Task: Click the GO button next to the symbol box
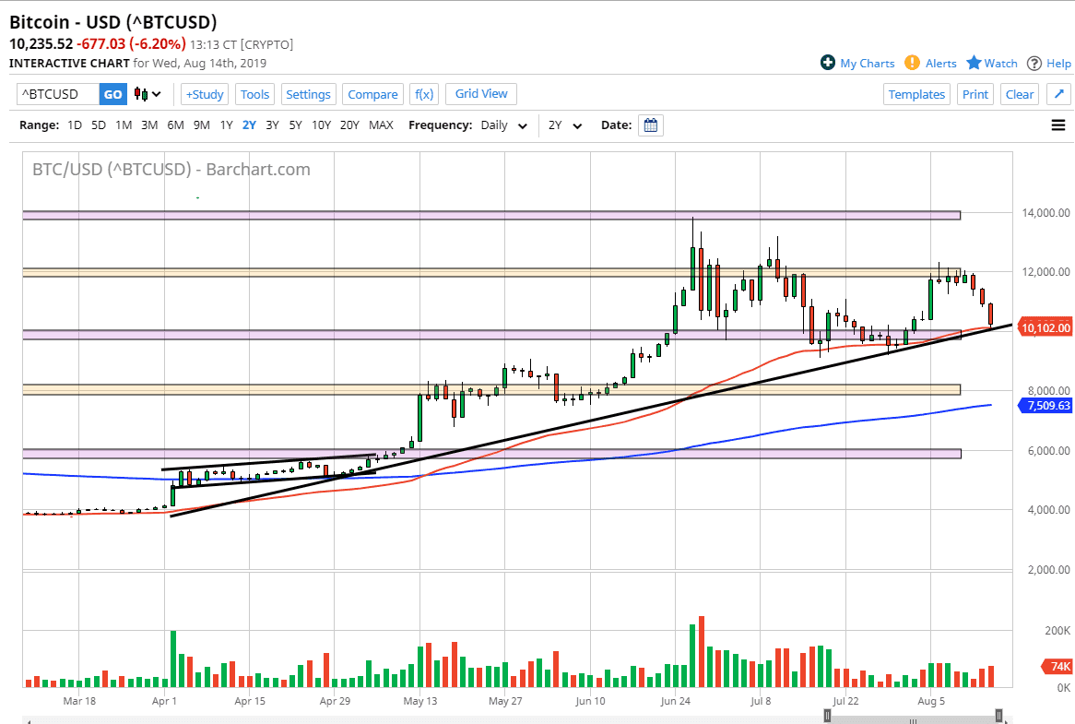point(112,94)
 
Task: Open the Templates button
point(916,94)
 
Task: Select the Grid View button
point(481,94)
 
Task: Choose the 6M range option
point(175,125)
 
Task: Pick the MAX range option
point(381,125)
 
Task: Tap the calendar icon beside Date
point(651,125)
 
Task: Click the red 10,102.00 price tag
point(1045,327)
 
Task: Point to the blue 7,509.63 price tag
point(1045,405)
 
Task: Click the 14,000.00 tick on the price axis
point(1045,213)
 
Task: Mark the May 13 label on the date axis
point(419,701)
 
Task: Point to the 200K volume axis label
point(1057,631)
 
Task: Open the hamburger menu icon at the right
point(1058,125)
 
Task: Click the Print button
point(975,94)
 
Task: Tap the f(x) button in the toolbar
point(424,94)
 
